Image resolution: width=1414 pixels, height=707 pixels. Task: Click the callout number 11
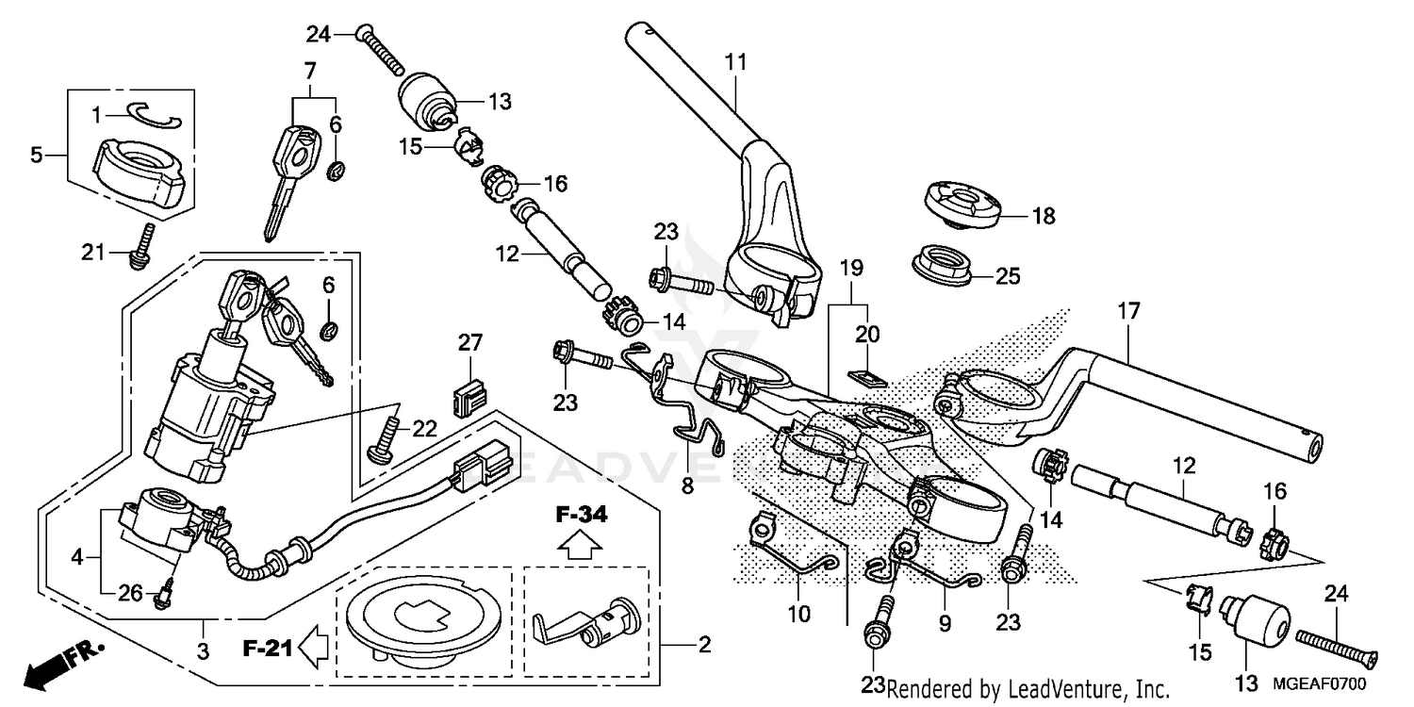735,63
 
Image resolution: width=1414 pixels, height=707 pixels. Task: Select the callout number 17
1128,310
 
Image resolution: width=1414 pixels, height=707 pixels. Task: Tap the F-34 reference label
581,516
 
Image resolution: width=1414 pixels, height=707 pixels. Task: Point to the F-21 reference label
263,649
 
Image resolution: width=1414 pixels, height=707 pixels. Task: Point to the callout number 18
1044,217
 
